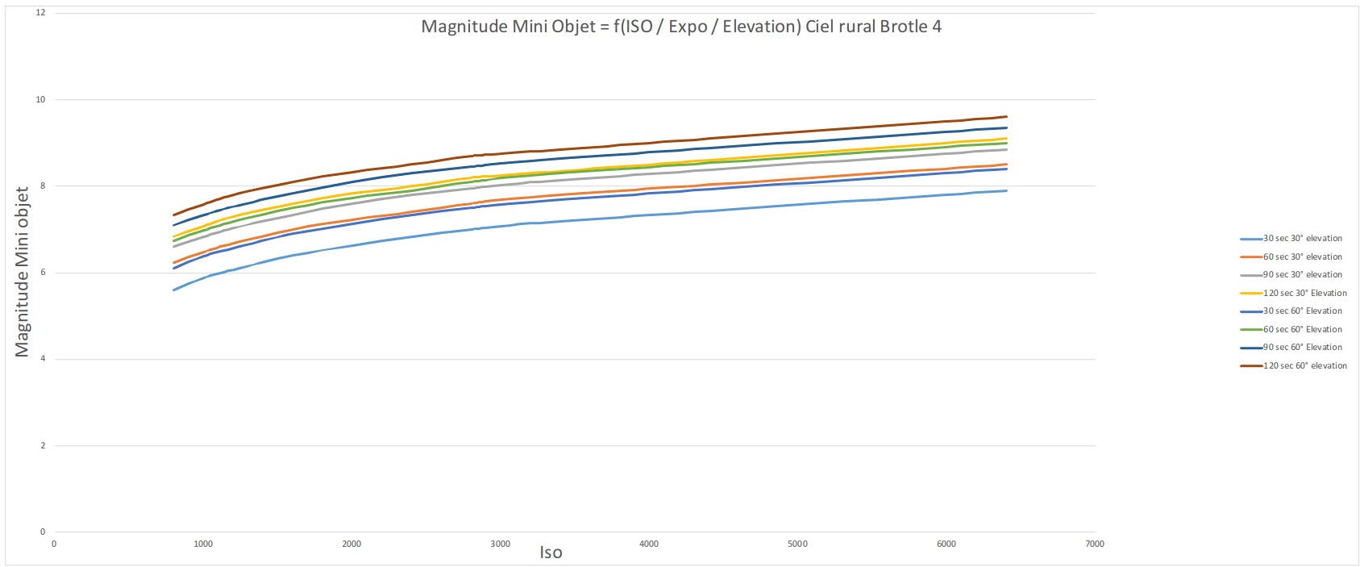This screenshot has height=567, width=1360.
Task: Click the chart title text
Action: pos(681,27)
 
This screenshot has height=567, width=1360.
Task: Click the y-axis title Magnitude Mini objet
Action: pos(22,272)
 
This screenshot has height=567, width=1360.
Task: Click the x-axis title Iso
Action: pos(551,552)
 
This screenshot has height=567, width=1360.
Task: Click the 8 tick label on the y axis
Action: pos(42,186)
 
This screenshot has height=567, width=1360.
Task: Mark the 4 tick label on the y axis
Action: pos(42,359)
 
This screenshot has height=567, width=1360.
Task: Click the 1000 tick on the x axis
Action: pos(202,544)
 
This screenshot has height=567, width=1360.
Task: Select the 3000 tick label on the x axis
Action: pos(500,544)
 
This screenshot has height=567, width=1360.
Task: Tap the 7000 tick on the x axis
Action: pos(1094,544)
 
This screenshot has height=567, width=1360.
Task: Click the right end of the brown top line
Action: pos(1006,117)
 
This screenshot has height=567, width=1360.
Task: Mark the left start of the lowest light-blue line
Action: pos(174,290)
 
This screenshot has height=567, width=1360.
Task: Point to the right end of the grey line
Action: pos(1006,149)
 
